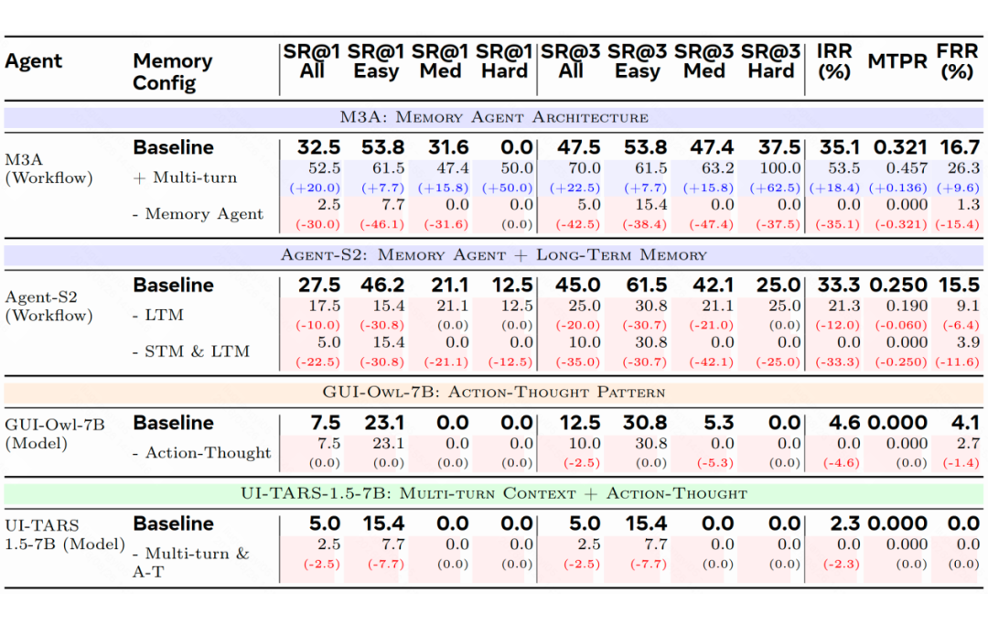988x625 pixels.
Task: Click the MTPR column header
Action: point(897,61)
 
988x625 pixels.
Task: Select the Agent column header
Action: point(34,61)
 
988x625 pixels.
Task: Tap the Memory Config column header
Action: point(173,71)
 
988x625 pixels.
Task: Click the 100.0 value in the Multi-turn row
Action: point(780,168)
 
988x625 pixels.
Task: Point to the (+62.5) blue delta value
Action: point(775,188)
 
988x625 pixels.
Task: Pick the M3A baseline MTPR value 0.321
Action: point(900,147)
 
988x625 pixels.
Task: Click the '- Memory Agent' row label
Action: point(198,214)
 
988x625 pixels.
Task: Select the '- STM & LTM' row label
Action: point(191,350)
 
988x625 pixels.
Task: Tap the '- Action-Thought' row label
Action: point(201,452)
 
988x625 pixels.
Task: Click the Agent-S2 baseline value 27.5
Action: point(319,285)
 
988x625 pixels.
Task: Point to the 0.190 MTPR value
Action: point(906,307)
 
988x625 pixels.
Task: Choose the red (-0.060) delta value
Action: point(901,325)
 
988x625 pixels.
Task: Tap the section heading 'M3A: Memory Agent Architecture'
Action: point(494,118)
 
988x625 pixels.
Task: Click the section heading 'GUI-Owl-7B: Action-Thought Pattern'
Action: point(494,393)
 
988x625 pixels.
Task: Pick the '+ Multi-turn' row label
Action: point(185,178)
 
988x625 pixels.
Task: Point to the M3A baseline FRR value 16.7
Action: point(960,147)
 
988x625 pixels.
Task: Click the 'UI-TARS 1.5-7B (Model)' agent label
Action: point(65,534)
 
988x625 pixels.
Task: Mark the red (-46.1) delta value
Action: point(381,224)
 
